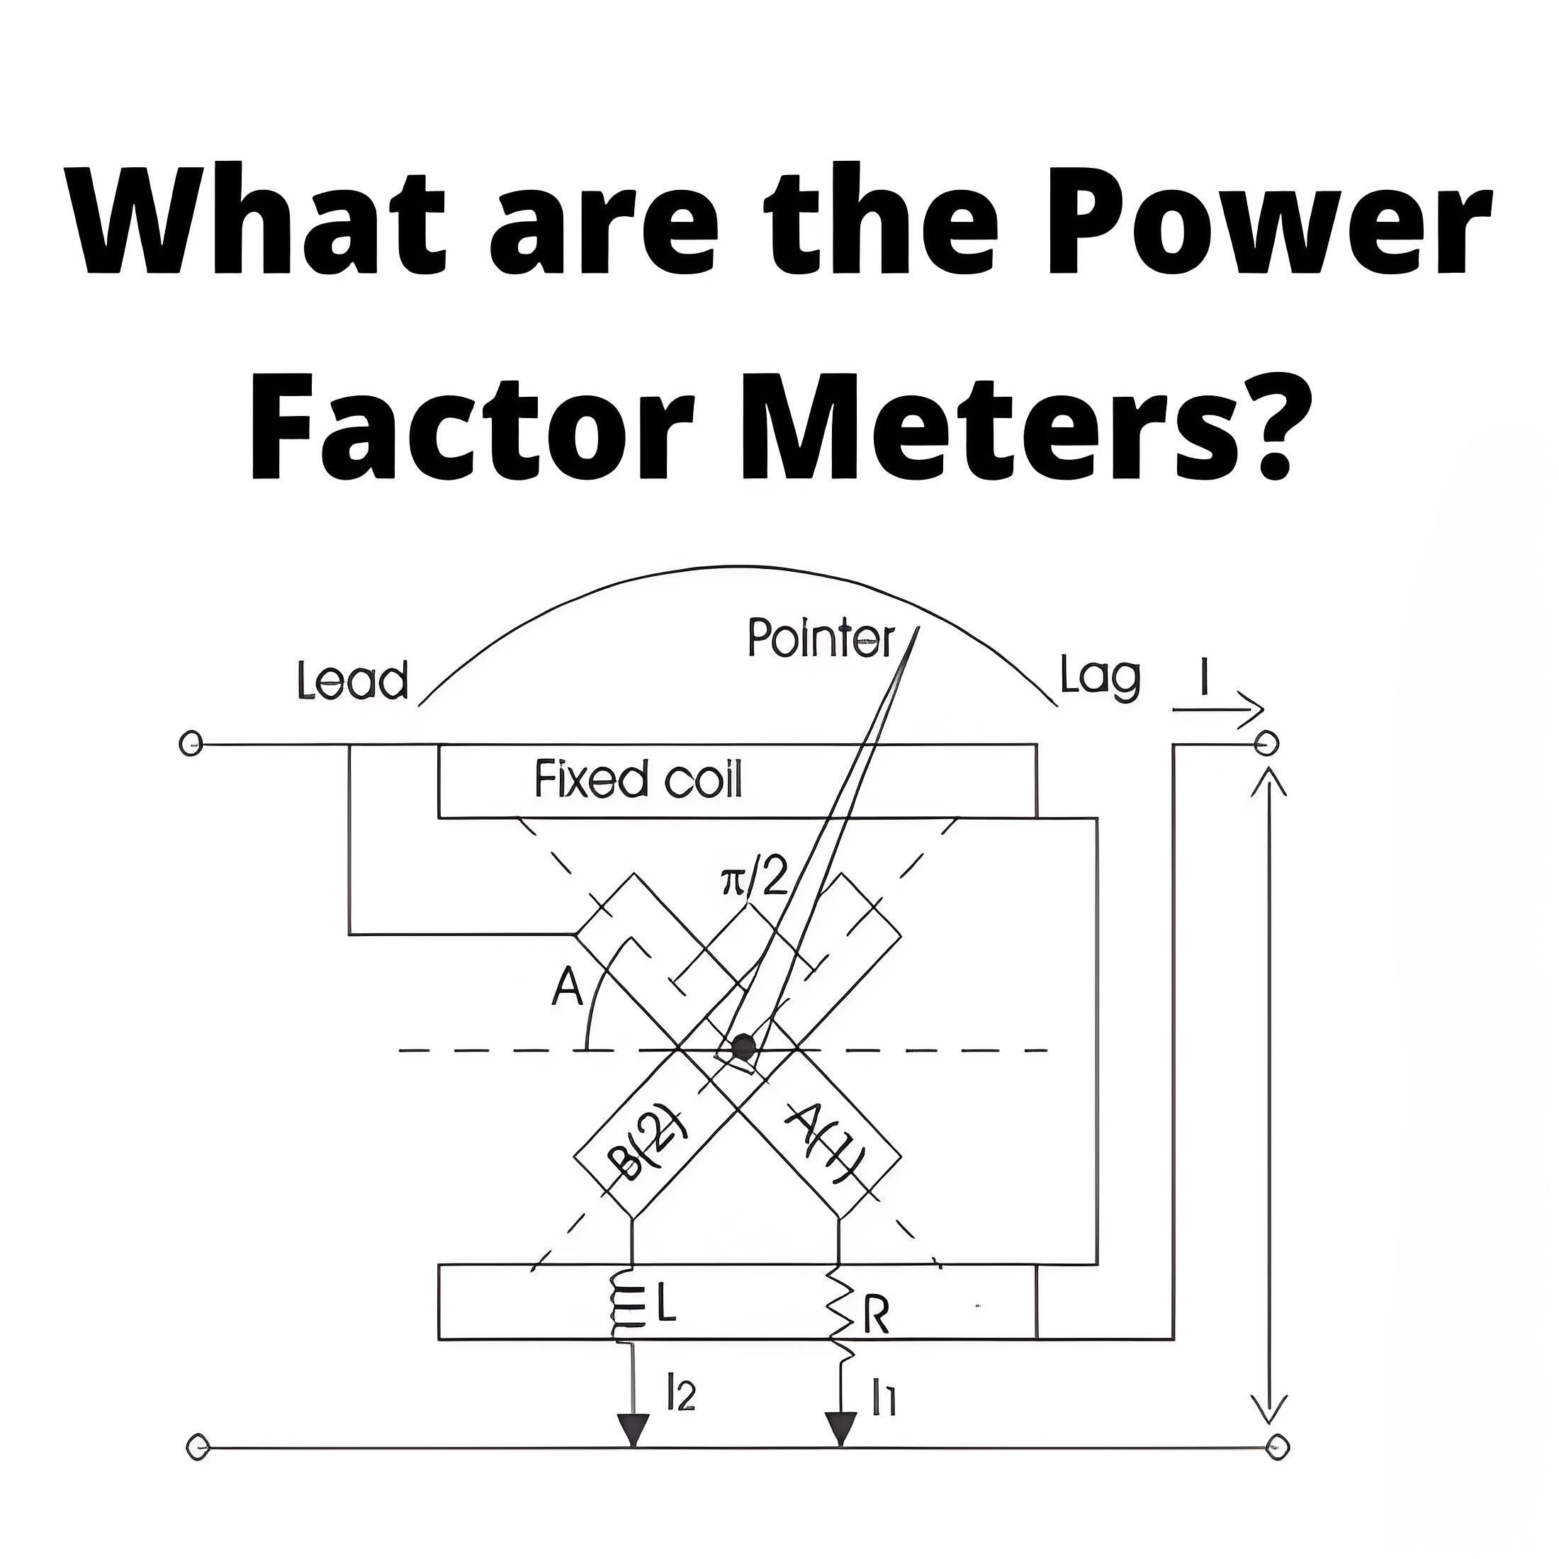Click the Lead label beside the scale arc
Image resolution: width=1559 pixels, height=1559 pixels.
pos(353,681)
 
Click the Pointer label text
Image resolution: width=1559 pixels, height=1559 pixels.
pos(821,639)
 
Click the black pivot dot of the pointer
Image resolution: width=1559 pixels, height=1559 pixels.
pos(741,1049)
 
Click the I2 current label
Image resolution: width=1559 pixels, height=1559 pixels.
pos(681,1394)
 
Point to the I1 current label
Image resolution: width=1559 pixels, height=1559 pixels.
pos(884,1397)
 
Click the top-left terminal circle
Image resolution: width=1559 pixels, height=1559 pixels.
pos(190,744)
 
